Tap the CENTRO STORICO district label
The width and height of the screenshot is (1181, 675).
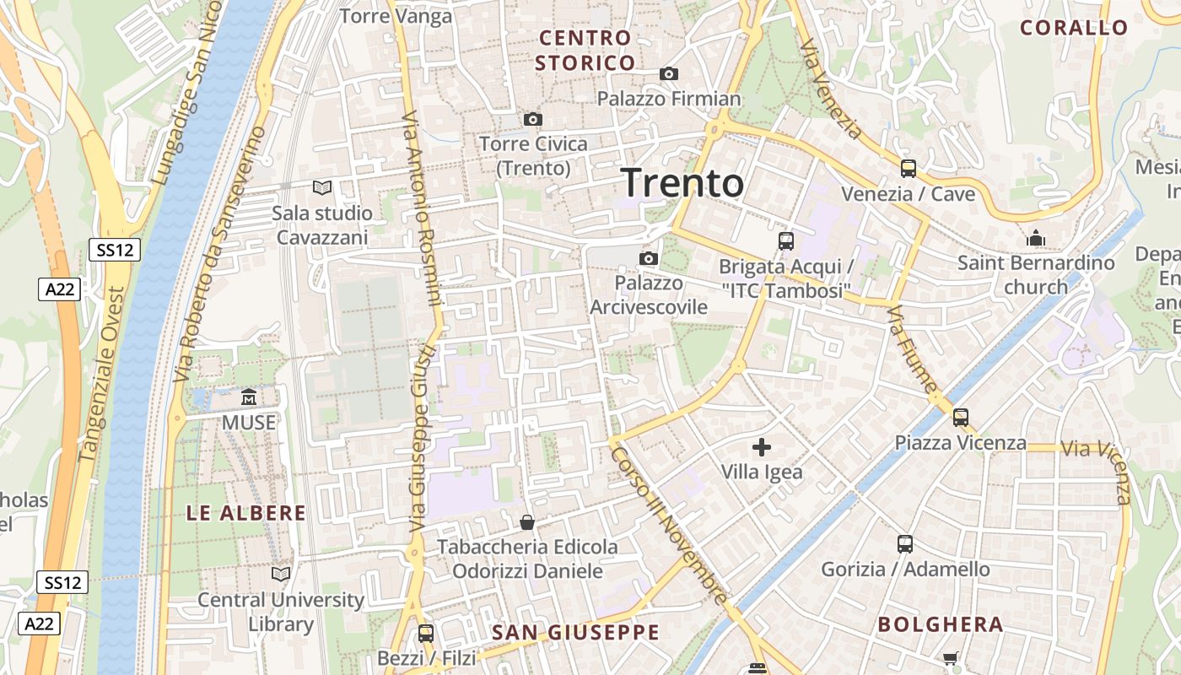(x=585, y=51)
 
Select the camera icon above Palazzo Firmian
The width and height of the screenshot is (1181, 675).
(x=669, y=74)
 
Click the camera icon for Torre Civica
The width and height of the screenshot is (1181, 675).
(x=532, y=119)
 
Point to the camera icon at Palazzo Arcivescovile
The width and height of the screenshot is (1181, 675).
(x=648, y=258)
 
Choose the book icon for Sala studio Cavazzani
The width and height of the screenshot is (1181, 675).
(x=322, y=187)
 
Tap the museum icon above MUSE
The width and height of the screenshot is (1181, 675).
(x=249, y=397)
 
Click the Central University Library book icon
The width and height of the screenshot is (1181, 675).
(x=280, y=574)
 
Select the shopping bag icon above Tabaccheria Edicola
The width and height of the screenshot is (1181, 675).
(x=527, y=522)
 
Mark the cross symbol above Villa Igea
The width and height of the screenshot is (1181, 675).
(x=762, y=447)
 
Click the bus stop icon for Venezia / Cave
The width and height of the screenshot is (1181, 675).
(x=908, y=169)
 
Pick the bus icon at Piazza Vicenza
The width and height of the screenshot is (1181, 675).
(x=960, y=417)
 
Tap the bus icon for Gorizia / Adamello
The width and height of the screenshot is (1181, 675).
(x=905, y=544)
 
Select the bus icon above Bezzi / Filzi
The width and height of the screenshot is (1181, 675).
(x=426, y=633)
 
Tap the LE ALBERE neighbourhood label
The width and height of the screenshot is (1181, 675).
(x=245, y=513)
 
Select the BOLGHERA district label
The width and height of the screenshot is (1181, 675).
(x=941, y=625)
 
